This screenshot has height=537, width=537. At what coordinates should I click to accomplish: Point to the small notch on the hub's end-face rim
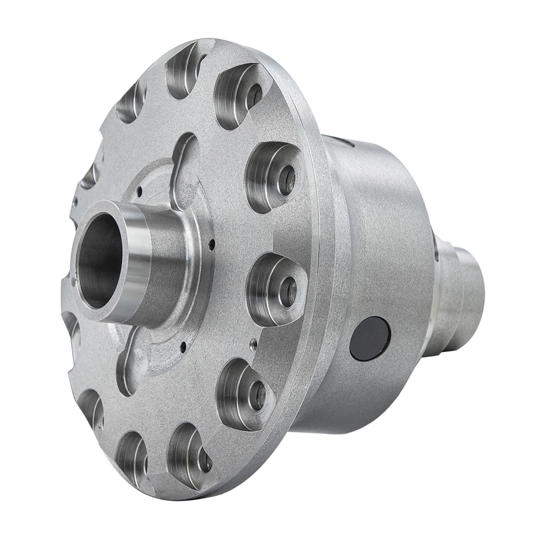pos(74,283)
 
